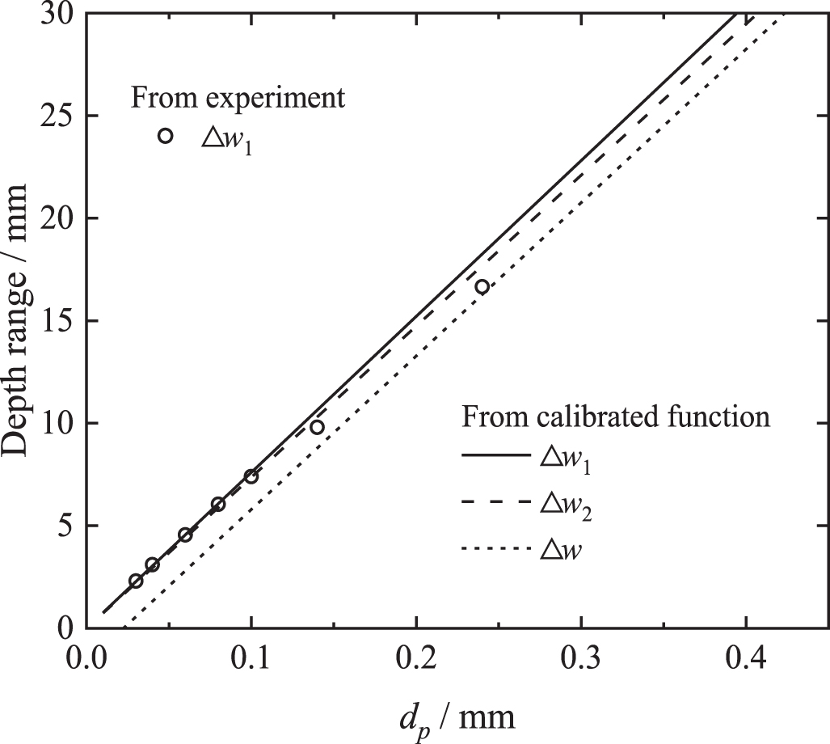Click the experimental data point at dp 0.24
point(482,286)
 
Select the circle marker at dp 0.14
point(317,427)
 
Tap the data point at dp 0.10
point(251,476)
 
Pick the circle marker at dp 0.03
point(136,581)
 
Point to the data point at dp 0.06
point(185,535)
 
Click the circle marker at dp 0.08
point(218,504)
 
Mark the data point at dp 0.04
point(152,564)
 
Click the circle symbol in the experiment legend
point(165,136)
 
